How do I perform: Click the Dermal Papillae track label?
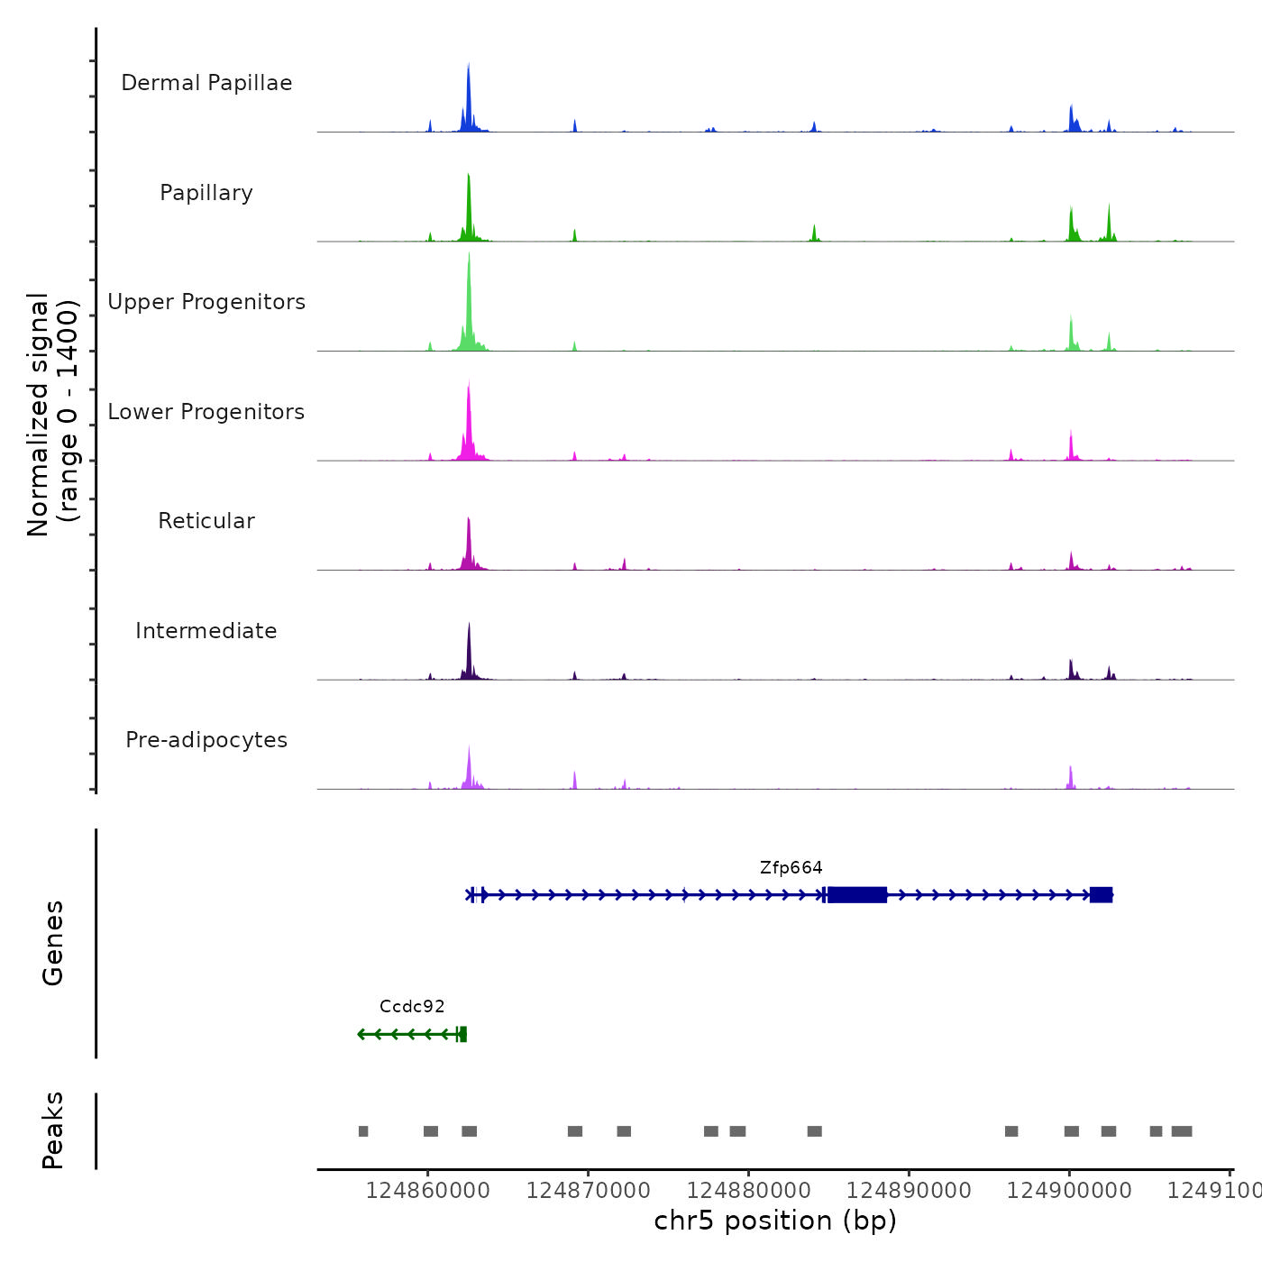tap(206, 83)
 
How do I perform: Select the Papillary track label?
tap(206, 193)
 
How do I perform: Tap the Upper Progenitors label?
tap(206, 302)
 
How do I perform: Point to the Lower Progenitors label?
tap(206, 412)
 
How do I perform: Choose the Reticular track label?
tap(206, 521)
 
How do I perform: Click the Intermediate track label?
tap(206, 631)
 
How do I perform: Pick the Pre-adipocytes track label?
tap(206, 740)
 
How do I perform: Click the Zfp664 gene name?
tap(791, 868)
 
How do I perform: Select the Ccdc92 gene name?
tap(412, 1007)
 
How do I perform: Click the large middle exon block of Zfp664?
tap(857, 895)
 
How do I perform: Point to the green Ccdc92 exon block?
tap(462, 1034)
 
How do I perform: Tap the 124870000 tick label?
tap(589, 1191)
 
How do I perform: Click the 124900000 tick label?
tap(1069, 1191)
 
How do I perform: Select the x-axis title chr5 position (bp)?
tap(775, 1221)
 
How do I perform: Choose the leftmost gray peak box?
tap(363, 1131)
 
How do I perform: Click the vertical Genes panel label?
tap(53, 943)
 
